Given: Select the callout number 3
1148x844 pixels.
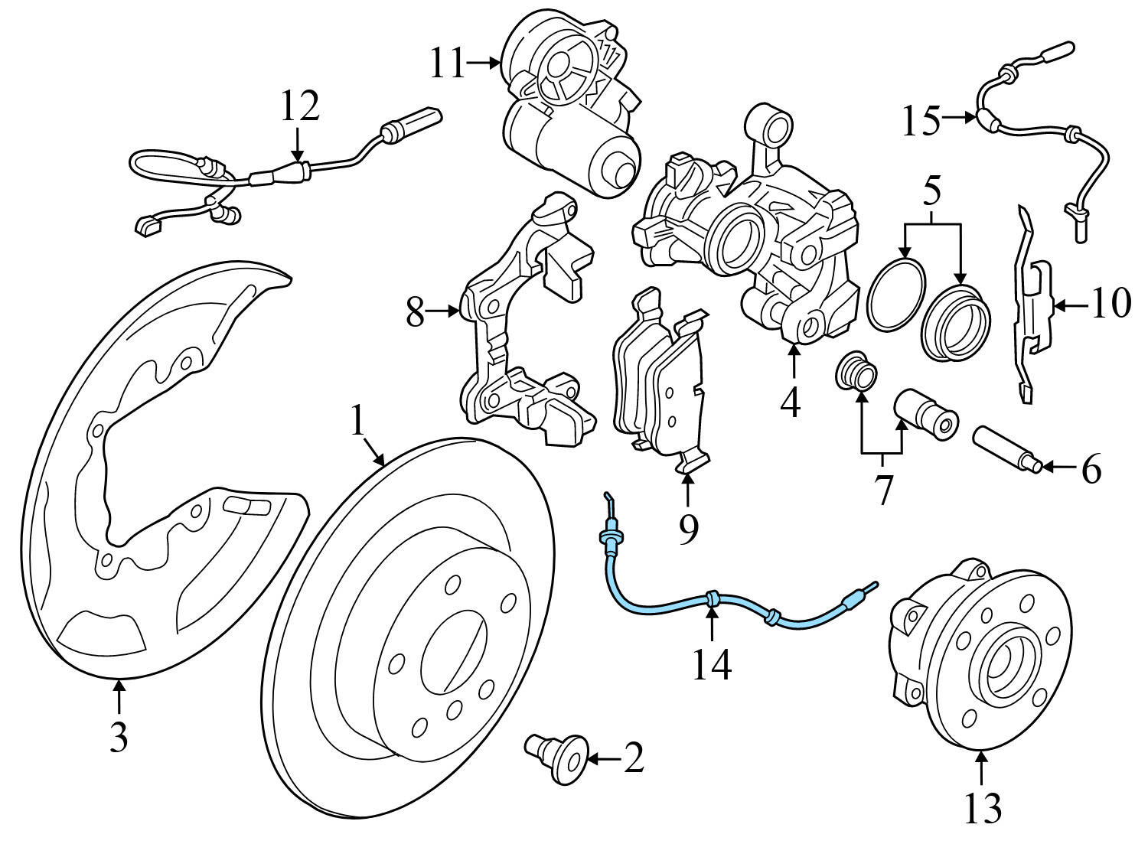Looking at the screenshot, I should click(x=118, y=737).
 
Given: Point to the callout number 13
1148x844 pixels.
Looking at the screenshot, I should click(x=983, y=807).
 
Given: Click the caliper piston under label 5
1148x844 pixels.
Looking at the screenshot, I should click(x=957, y=321).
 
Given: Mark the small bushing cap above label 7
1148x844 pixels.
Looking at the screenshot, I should click(x=856, y=373).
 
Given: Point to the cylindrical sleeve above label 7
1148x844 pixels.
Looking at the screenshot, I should click(x=925, y=412).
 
